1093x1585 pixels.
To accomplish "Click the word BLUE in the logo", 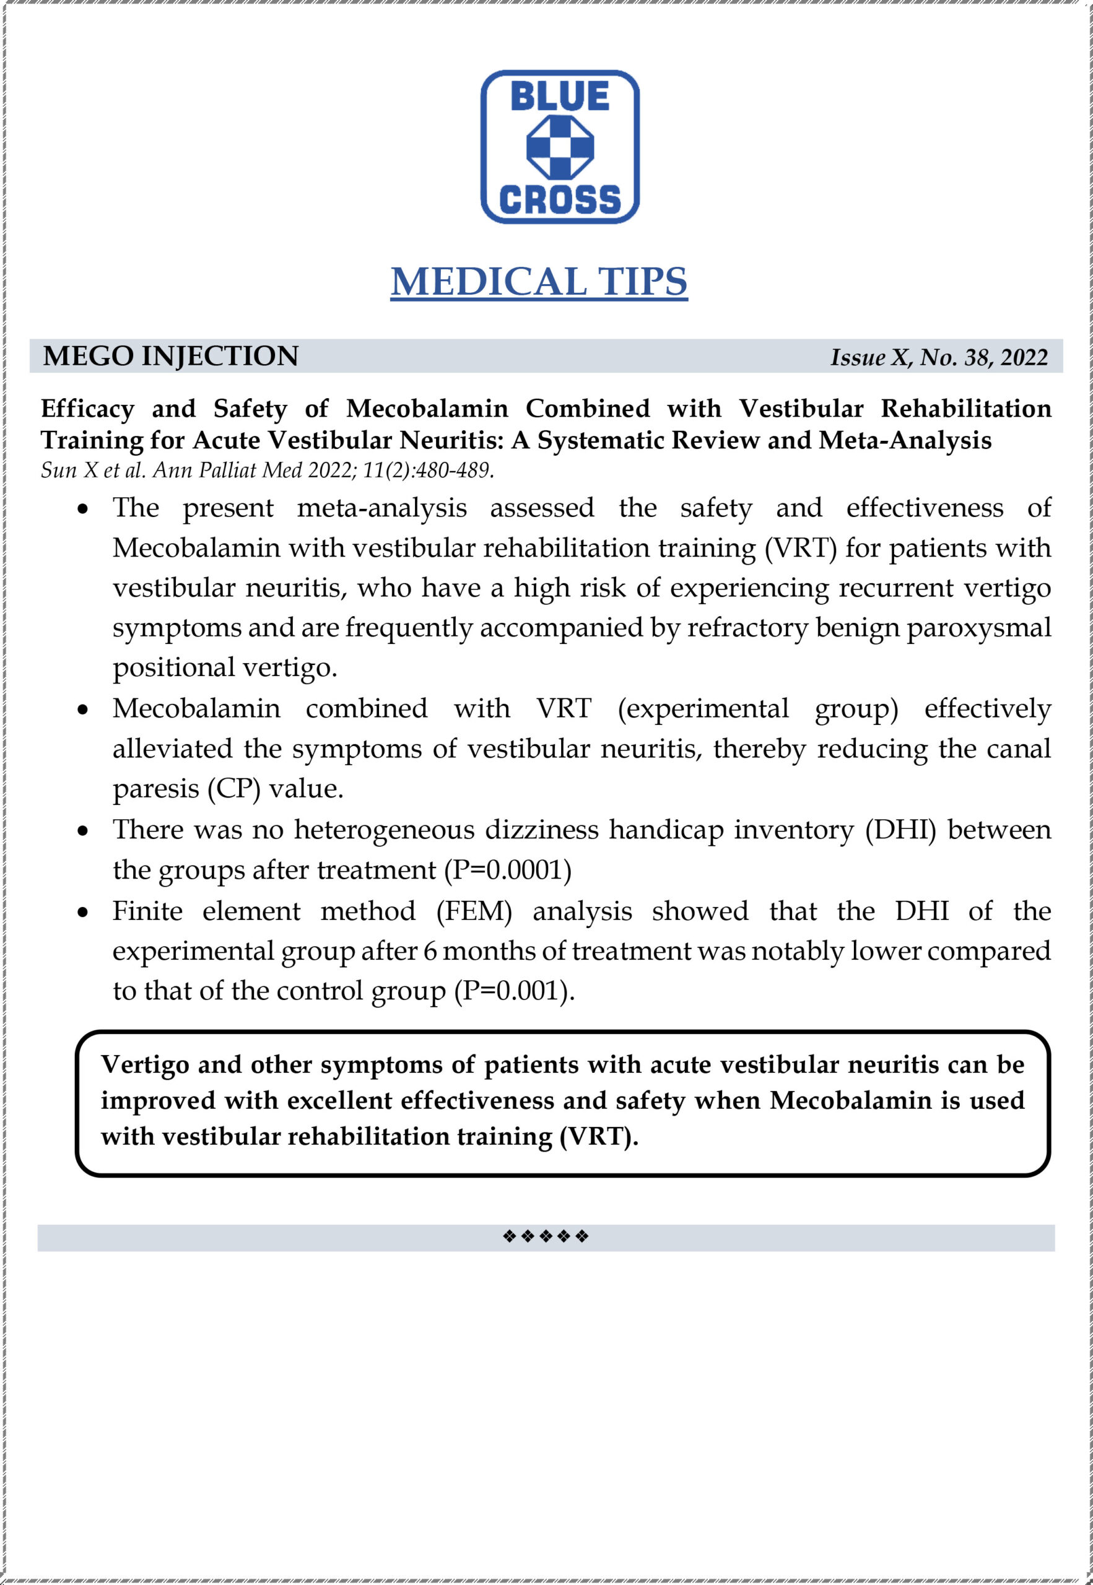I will point(560,96).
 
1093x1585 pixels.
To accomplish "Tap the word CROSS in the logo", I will point(560,199).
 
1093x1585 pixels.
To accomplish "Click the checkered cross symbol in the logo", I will point(560,147).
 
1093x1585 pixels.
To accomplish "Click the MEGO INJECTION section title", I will point(170,357).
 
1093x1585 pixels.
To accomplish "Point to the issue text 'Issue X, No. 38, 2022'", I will point(938,357).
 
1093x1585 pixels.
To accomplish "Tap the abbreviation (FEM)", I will point(474,911).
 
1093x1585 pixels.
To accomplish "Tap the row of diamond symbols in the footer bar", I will point(546,1236).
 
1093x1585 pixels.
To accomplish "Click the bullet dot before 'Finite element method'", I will point(83,913).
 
